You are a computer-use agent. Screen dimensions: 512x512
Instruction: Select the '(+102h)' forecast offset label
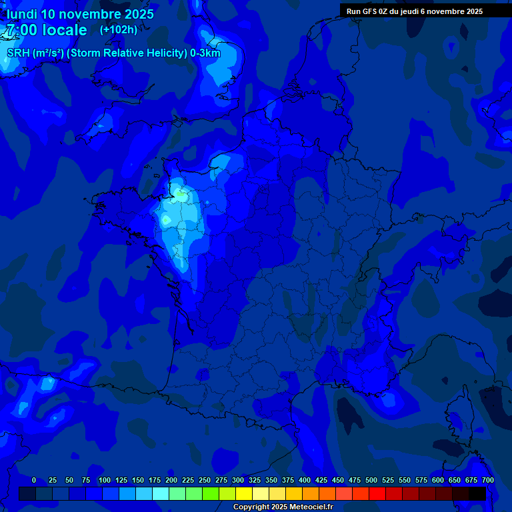(119, 29)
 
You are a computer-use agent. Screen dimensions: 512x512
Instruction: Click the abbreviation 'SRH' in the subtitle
(18, 53)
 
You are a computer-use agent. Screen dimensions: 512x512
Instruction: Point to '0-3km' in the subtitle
(205, 53)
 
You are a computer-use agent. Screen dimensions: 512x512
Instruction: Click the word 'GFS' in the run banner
(369, 11)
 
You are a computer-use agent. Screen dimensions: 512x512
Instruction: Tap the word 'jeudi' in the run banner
(409, 11)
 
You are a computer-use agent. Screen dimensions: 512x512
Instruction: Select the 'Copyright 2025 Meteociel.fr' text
(283, 507)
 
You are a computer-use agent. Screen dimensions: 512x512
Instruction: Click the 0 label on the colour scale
(34, 480)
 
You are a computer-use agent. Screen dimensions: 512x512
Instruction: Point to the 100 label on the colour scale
(105, 480)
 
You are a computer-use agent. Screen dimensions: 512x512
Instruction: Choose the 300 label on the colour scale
(238, 480)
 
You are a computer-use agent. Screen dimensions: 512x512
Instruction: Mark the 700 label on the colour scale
(488, 480)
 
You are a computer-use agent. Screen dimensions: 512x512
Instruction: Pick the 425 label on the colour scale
(321, 480)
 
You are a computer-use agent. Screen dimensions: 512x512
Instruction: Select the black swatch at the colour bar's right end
(477, 494)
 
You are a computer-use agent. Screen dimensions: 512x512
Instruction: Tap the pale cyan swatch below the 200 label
(161, 494)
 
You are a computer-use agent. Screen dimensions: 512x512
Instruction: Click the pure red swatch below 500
(377, 494)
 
